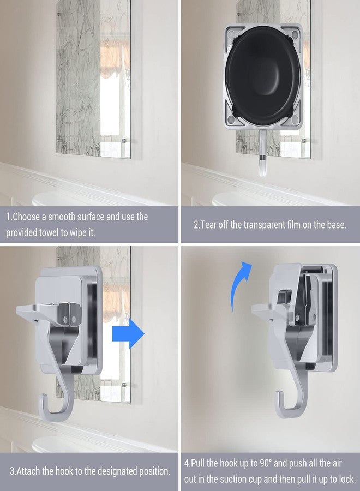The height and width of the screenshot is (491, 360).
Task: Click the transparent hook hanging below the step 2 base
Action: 262,153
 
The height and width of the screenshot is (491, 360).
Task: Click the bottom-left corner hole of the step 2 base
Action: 231,119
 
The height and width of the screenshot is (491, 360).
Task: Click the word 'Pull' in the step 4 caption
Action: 198,463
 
